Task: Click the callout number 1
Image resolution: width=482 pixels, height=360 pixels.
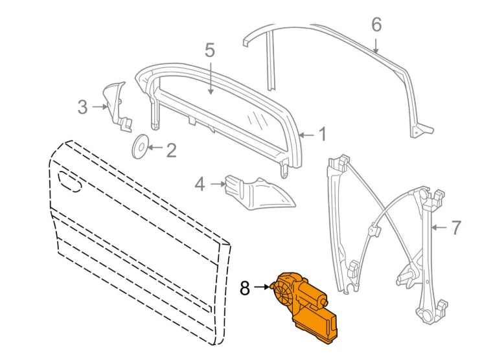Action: (321, 135)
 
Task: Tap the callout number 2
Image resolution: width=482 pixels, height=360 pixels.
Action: (171, 151)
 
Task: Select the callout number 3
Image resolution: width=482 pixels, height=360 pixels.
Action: (82, 107)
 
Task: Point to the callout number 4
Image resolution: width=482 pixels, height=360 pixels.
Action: (200, 185)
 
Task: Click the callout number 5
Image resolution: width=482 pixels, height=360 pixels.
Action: (209, 50)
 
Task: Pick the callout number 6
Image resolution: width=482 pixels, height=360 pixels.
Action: (376, 25)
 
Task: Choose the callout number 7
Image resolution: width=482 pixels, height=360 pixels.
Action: (456, 227)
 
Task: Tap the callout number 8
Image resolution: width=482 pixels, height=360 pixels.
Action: (245, 288)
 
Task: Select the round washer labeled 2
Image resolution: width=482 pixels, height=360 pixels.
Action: (139, 147)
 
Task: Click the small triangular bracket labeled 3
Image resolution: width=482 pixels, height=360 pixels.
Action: (117, 102)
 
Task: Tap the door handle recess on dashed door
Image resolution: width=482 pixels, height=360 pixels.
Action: (70, 182)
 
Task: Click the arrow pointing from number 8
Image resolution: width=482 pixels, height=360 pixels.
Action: (263, 286)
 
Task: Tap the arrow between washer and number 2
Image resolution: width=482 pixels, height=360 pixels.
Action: (155, 148)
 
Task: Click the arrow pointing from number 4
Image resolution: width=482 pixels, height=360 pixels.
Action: (218, 185)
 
